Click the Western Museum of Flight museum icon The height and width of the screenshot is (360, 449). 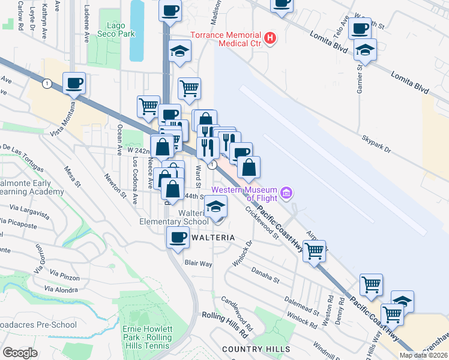click(288, 193)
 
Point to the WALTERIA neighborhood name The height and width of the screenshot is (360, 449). click(212, 238)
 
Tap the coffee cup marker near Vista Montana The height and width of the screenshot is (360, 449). click(74, 83)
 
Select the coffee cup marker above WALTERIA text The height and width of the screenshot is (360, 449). click(178, 238)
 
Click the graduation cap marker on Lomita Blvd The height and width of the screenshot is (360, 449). click(364, 52)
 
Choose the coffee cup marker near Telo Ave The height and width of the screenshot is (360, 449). click(360, 28)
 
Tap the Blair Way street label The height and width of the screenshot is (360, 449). click(199, 263)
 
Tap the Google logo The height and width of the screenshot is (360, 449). click(20, 353)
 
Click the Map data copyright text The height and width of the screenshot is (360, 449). click(424, 355)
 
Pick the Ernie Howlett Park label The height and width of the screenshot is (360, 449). click(146, 334)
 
